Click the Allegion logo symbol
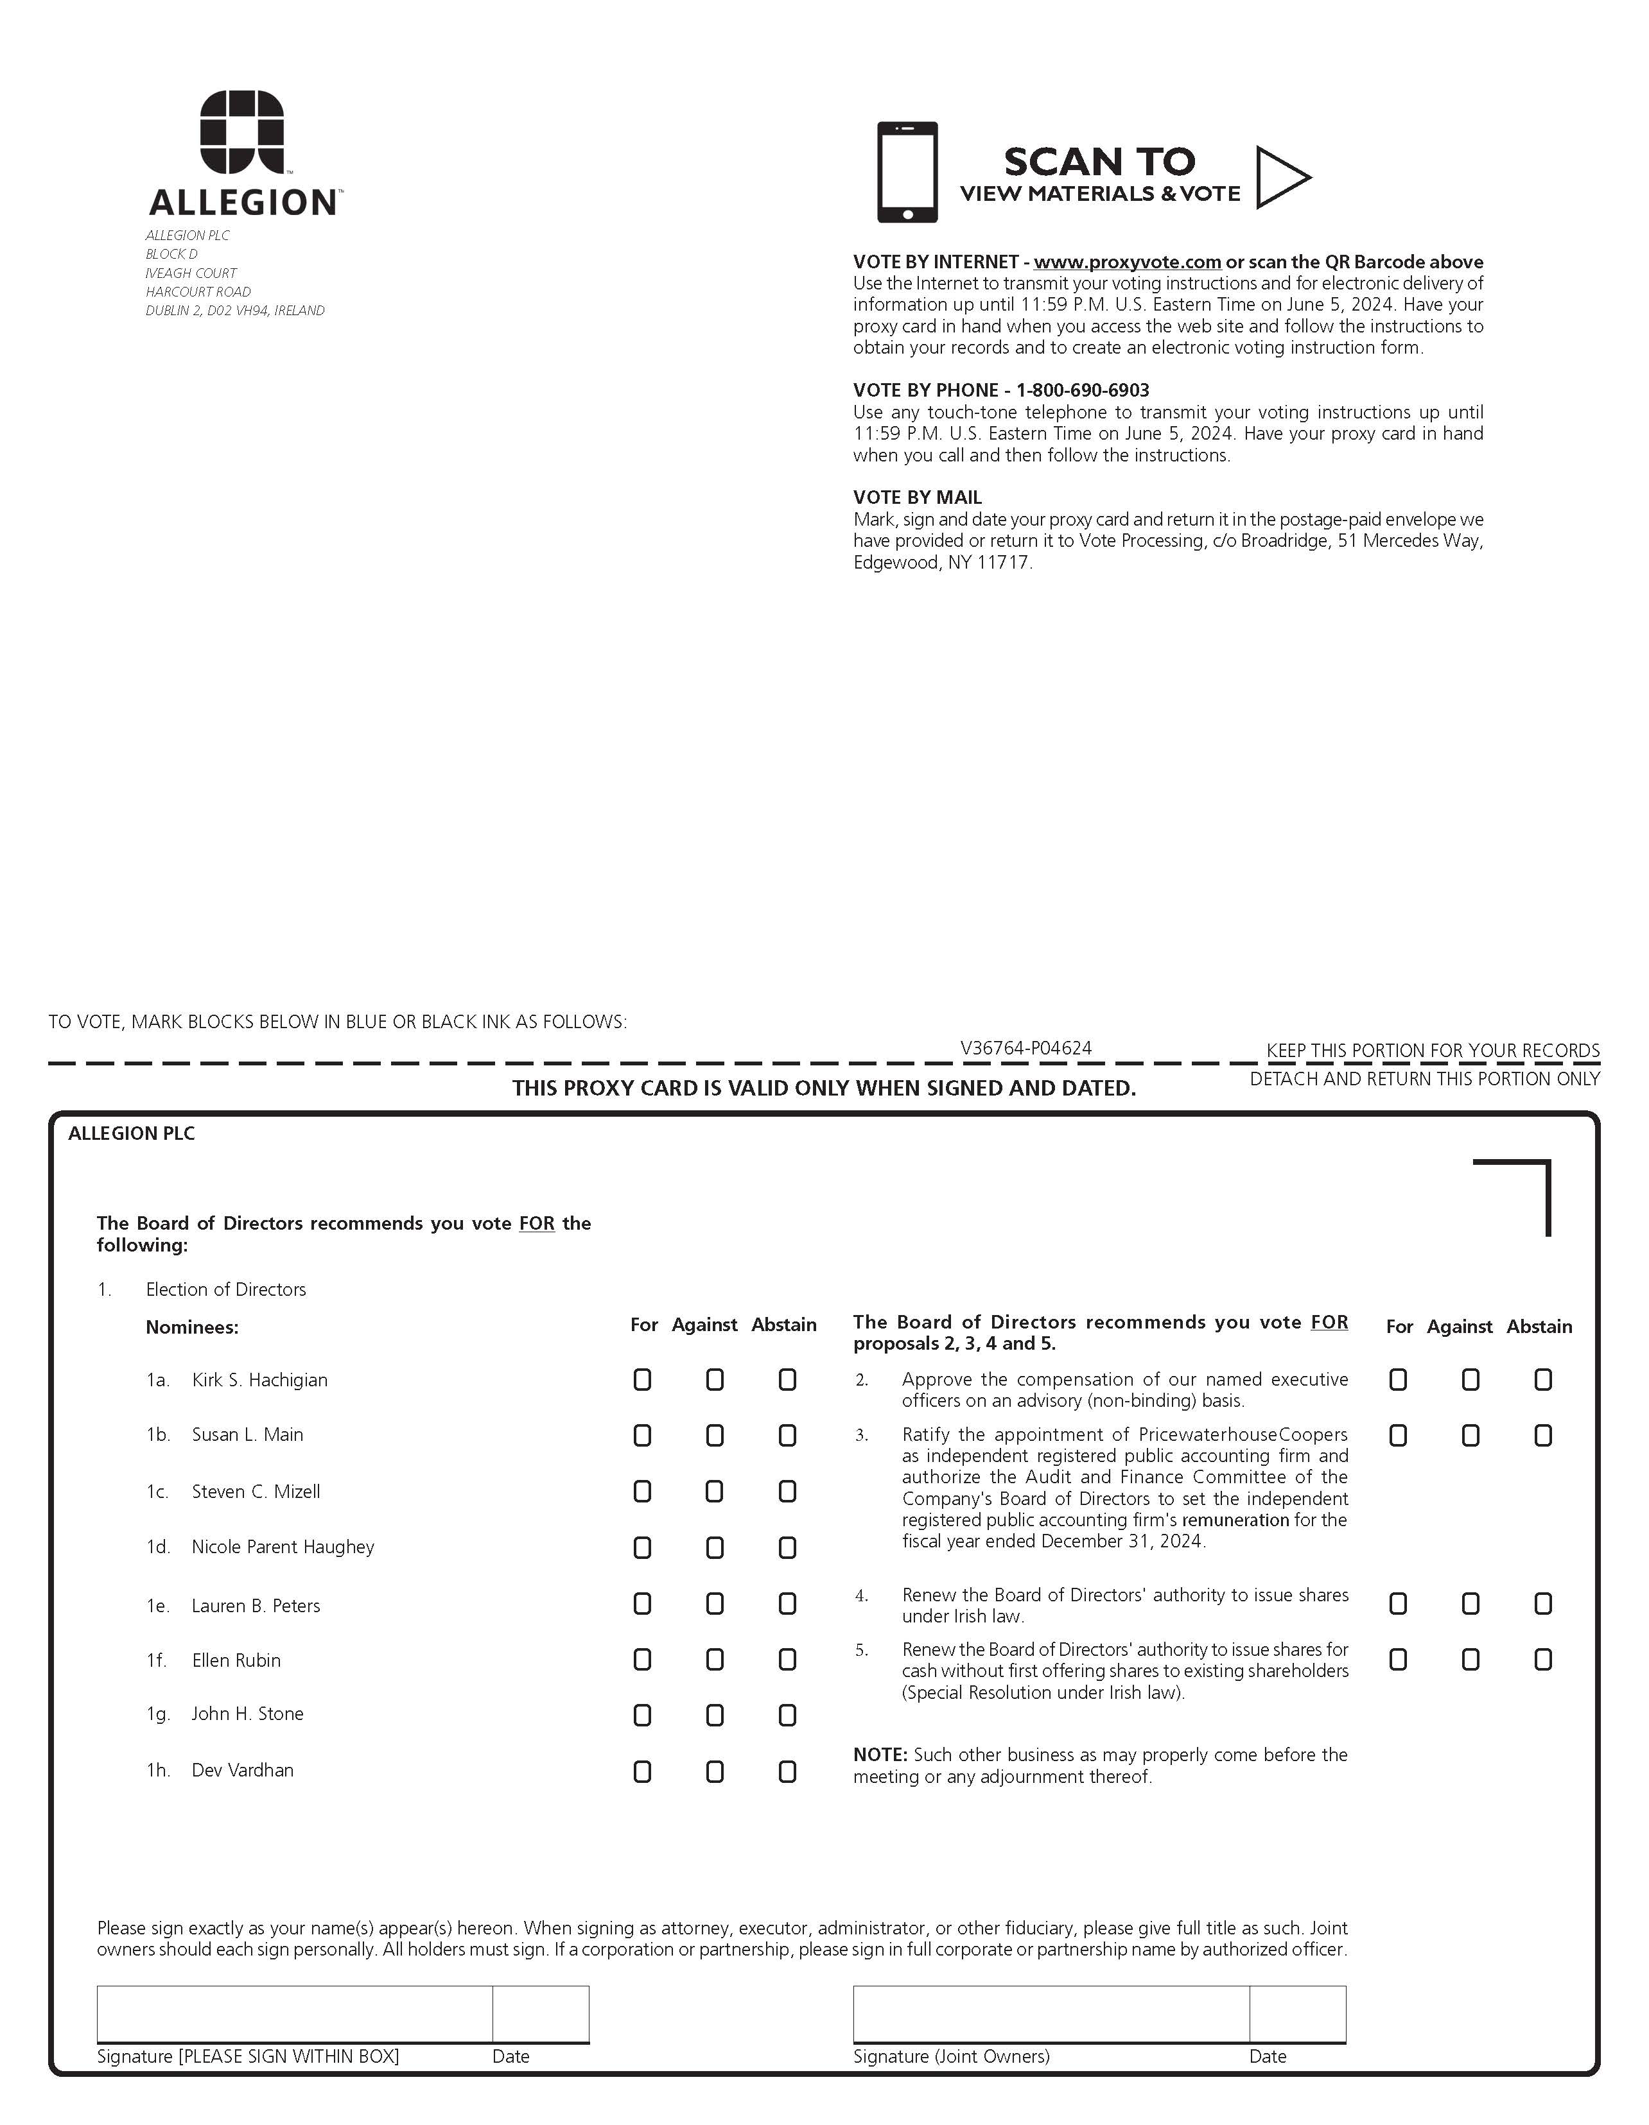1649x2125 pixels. point(242,133)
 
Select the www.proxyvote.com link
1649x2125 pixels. point(1126,262)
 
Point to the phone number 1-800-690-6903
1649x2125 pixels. point(1083,390)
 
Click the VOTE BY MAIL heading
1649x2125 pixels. point(917,497)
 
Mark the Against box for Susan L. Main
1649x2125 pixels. point(715,1435)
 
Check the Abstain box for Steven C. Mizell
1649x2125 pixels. point(787,1492)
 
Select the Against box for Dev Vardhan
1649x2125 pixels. point(715,1772)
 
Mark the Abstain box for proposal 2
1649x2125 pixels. point(1543,1380)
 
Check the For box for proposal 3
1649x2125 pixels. point(1398,1435)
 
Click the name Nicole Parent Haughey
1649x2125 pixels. point(283,1547)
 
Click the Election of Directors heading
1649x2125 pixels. point(226,1289)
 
